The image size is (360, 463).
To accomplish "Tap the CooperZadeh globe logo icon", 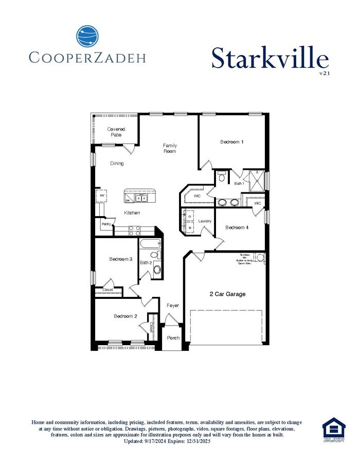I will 87,37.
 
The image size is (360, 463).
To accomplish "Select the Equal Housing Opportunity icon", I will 334,430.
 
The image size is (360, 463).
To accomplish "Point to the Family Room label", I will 170,148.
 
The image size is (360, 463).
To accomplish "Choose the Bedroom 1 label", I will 232,142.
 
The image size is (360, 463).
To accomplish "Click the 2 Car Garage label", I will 227,294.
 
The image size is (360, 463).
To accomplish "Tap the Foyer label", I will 173,306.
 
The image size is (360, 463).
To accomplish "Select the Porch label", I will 173,338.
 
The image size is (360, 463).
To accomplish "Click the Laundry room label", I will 205,221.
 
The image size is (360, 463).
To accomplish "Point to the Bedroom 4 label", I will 237,227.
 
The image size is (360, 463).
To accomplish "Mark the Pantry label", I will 106,224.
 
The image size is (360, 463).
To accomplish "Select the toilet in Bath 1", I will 222,178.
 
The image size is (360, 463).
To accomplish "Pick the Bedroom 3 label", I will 121,259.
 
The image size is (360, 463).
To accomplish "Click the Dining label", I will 117,164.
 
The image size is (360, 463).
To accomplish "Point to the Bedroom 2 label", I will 125,316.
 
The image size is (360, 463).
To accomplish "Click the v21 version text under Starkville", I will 323,73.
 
